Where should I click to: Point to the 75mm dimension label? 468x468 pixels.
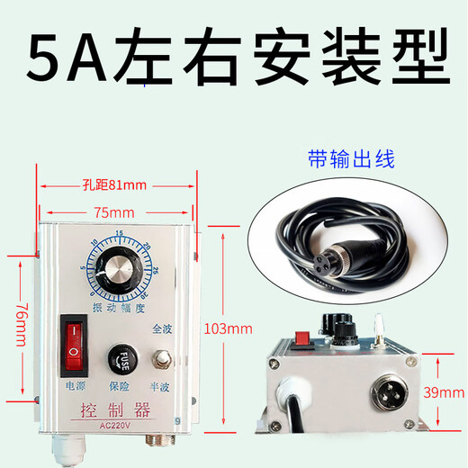point(114,214)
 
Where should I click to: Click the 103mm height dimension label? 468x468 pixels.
point(228,328)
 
